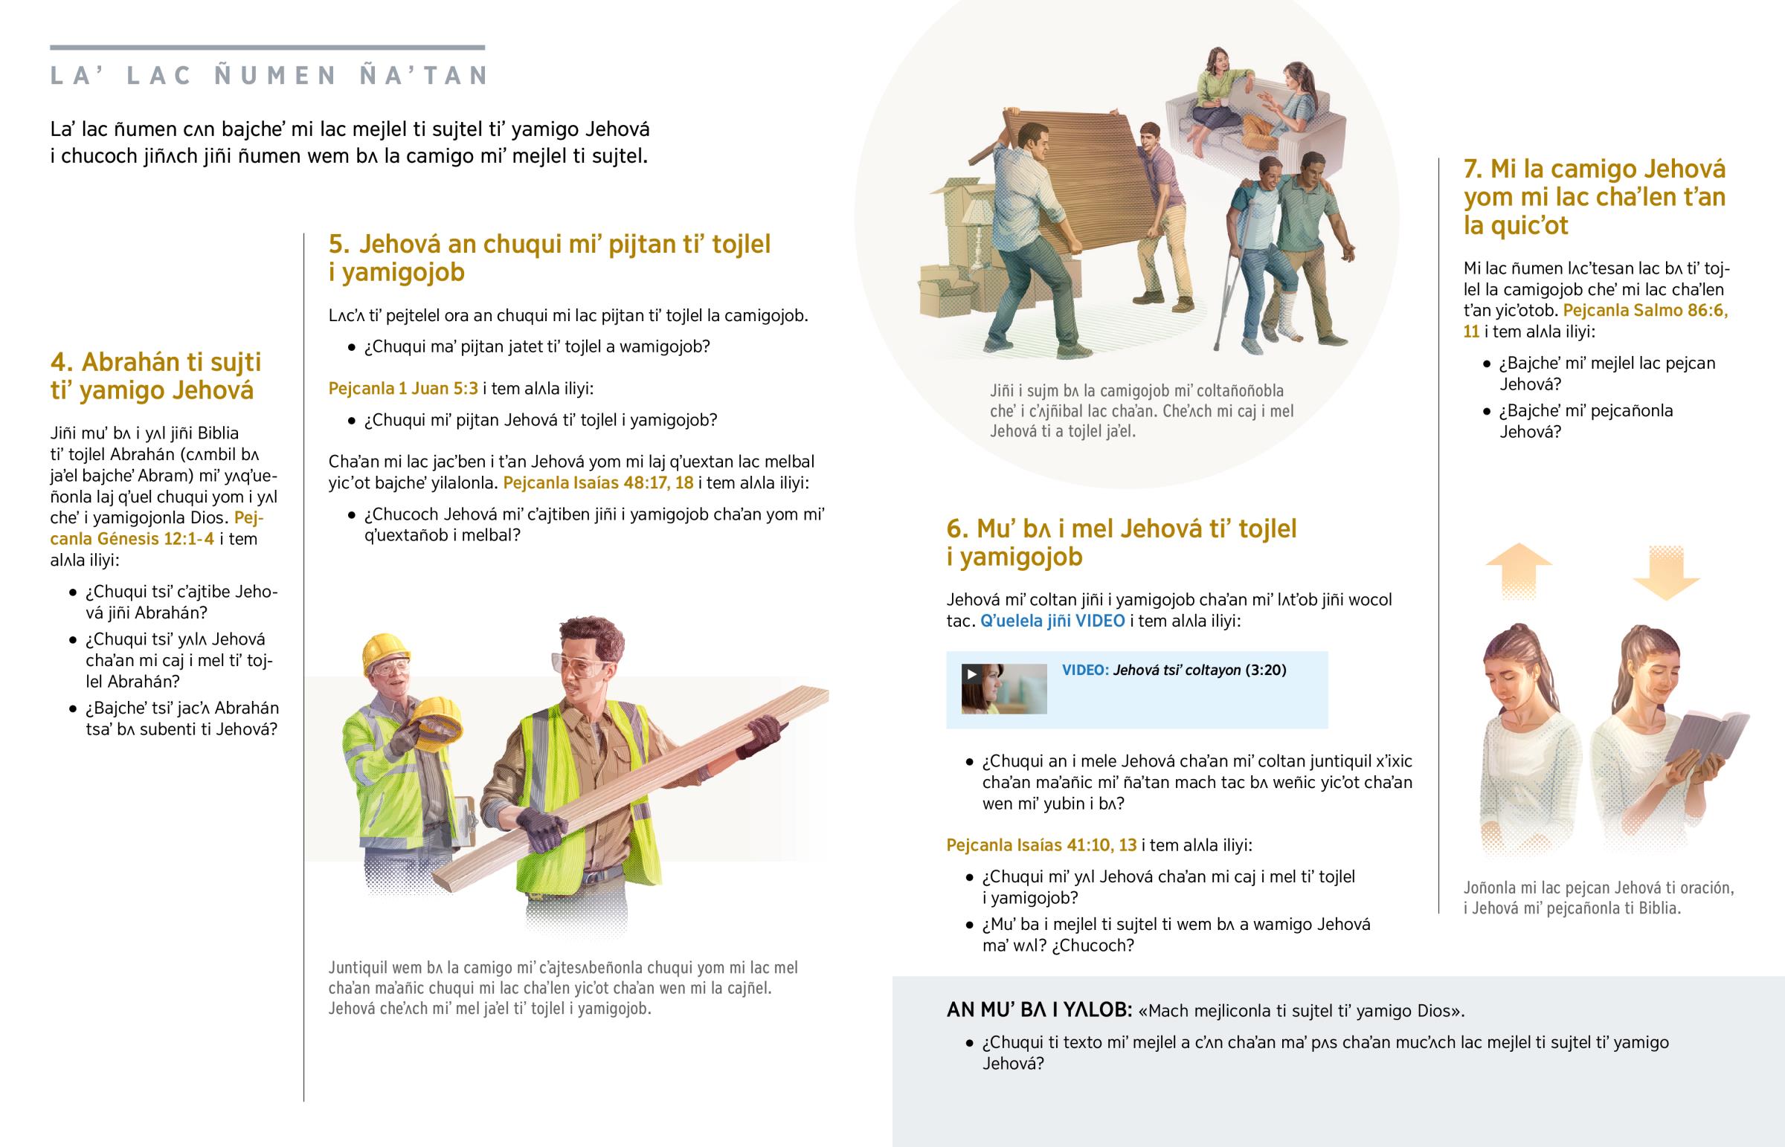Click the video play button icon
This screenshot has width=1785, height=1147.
(971, 674)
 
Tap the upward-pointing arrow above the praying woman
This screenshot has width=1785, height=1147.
(1518, 571)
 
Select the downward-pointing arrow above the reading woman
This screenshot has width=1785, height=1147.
(1666, 572)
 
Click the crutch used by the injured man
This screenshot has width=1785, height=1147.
(1228, 298)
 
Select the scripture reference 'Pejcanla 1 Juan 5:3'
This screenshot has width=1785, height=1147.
(403, 388)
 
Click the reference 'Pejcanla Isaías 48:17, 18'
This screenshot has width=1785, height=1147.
(598, 482)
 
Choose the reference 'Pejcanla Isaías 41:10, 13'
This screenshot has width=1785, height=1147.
(1041, 844)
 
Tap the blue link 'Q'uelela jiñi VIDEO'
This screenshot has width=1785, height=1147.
(1052, 621)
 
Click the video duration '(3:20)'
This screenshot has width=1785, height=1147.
(1266, 670)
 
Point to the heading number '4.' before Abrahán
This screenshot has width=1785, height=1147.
(62, 362)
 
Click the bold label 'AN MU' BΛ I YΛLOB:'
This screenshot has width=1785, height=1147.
(1039, 1009)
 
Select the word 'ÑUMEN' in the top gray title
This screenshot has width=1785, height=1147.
(276, 76)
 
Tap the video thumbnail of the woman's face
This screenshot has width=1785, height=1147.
(1003, 689)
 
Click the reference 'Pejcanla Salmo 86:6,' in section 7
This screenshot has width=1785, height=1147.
(1645, 311)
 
